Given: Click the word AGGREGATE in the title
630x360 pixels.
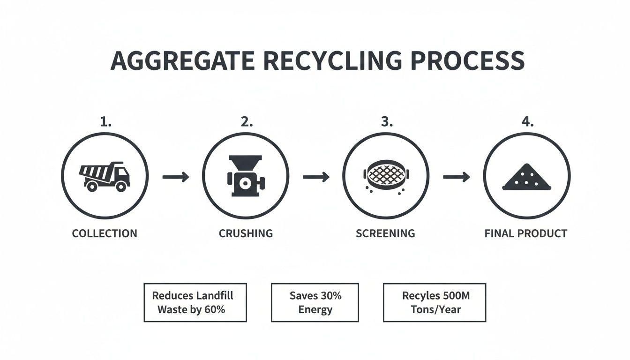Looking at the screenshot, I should (x=182, y=61).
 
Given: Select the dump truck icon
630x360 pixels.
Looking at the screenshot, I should (x=105, y=177).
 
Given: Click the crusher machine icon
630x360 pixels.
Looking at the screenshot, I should (x=245, y=177).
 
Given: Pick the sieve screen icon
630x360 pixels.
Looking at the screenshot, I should (x=386, y=176).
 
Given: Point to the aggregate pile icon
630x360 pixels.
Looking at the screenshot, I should (x=526, y=177).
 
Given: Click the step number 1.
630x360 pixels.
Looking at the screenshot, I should (x=105, y=122).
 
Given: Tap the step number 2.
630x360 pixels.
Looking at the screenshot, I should (x=246, y=122).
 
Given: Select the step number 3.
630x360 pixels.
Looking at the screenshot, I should (x=386, y=122).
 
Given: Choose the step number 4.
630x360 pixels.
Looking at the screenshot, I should (x=527, y=122).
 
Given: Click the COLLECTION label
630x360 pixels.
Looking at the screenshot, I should (x=105, y=233).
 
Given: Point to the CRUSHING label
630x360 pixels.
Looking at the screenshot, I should (x=246, y=233).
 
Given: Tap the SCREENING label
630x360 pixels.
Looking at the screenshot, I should (x=385, y=233).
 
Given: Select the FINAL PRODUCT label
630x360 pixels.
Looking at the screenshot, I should (x=526, y=233).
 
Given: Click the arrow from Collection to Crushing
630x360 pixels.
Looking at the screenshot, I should (x=175, y=177).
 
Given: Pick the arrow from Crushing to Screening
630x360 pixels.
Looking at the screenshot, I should (x=316, y=177).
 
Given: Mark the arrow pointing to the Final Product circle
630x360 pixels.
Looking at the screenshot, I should (x=456, y=177).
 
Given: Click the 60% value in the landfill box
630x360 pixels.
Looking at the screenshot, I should (x=215, y=310).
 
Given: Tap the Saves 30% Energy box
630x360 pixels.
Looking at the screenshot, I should (x=315, y=302).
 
